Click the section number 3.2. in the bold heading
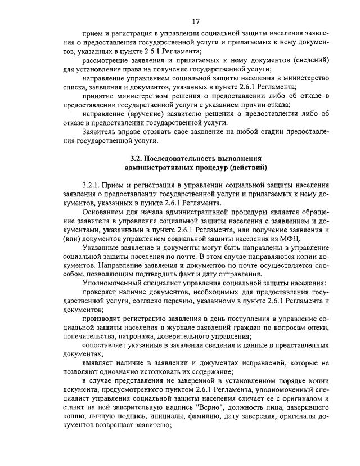click(x=137, y=158)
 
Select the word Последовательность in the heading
click(x=182, y=158)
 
